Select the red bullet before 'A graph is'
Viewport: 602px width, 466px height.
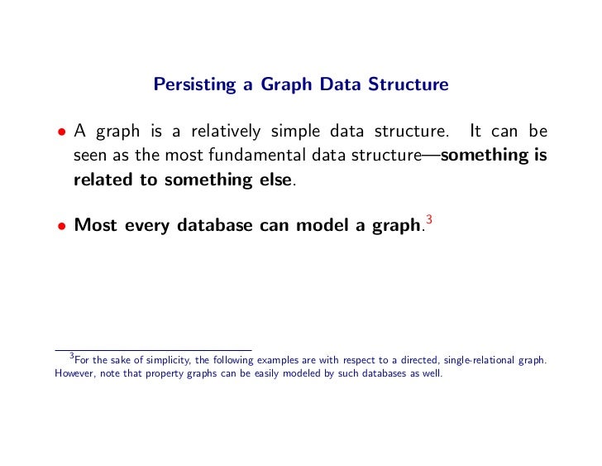click(x=61, y=133)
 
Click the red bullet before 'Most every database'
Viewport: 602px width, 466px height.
click(x=61, y=224)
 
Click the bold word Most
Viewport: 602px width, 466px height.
click(x=94, y=223)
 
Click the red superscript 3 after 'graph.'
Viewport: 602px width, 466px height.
click(x=428, y=218)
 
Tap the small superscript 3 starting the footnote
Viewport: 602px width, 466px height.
click(x=72, y=356)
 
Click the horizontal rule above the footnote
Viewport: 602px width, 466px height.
click(x=152, y=349)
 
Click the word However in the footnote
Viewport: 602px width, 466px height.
click(x=77, y=373)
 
